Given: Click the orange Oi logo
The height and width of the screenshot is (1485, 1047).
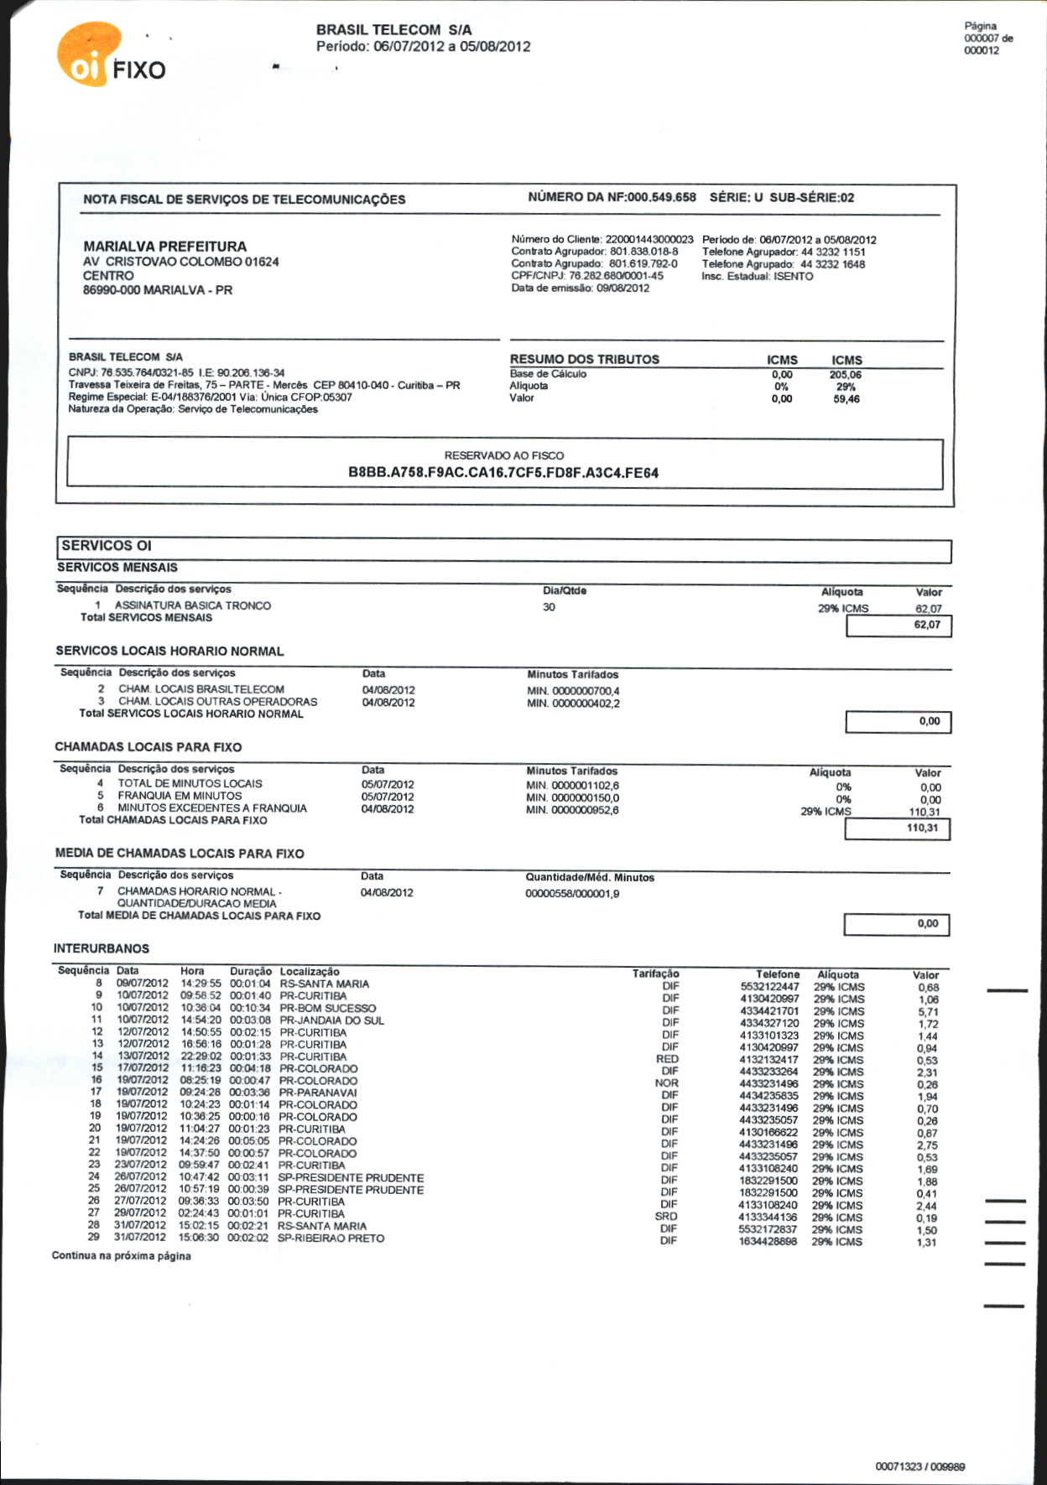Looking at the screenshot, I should click(x=86, y=55).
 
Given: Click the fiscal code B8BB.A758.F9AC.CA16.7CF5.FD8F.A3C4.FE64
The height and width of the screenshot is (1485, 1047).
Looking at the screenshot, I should click(x=503, y=473).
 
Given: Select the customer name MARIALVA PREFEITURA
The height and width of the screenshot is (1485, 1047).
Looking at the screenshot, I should click(x=164, y=247).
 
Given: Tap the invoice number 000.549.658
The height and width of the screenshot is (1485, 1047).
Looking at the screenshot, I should click(x=662, y=198).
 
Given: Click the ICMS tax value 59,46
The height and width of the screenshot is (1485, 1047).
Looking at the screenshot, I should click(x=846, y=399).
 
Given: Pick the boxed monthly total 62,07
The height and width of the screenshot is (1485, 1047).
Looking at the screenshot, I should click(x=927, y=625).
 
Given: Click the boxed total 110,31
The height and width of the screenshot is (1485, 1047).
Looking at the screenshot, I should click(x=922, y=828).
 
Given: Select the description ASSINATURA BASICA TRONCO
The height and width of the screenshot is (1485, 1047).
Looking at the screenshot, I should click(x=193, y=605).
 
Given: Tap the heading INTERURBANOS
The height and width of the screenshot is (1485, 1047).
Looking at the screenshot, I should click(x=102, y=948).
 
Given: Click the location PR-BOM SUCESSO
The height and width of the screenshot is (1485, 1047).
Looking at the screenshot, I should click(x=327, y=1008).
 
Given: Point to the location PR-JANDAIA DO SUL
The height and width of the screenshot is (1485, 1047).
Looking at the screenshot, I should click(x=331, y=1020).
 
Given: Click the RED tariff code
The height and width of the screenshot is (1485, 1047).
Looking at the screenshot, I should click(x=668, y=1059).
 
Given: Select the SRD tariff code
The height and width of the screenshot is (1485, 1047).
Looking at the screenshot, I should click(x=666, y=1217).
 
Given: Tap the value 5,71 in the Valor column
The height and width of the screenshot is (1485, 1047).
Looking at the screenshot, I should click(x=928, y=1012).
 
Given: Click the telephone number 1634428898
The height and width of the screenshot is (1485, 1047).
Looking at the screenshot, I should click(x=768, y=1242).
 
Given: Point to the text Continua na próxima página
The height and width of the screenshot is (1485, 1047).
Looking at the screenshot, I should click(x=122, y=1256).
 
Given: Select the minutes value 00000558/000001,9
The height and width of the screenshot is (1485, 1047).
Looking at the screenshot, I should click(x=572, y=894).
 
